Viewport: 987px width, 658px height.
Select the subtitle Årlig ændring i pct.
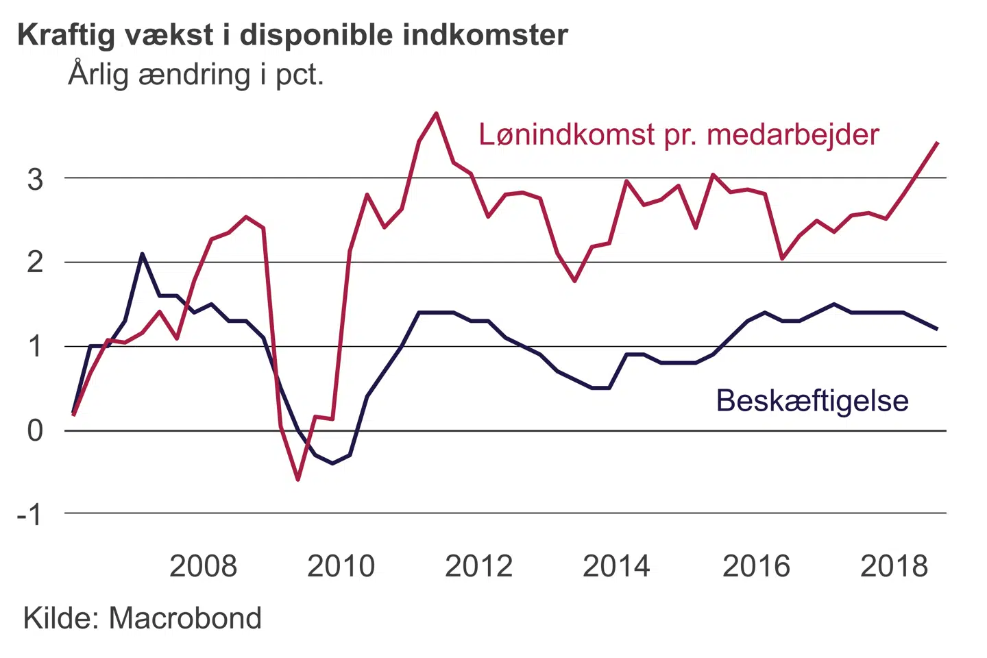195,75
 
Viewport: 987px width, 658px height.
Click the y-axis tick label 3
35,180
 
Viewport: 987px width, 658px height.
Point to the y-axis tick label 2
35,263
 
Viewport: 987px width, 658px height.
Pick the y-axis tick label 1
35,347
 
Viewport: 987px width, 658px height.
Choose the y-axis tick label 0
35,431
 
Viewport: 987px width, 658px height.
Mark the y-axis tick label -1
29,514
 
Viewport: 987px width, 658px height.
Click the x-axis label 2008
203,567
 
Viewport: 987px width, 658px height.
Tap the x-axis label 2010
341,567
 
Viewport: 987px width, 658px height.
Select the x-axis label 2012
478,567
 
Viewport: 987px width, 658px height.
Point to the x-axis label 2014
616,567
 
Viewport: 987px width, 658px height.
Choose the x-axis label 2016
756,567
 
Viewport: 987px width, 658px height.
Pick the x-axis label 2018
894,567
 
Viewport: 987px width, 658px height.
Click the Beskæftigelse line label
812,401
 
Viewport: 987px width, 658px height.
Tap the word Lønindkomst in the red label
566,135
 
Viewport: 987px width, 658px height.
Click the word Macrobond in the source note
185,618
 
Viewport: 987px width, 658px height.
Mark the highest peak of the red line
436,113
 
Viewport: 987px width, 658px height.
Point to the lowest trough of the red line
298,479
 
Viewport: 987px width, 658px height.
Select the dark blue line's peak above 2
142,254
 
